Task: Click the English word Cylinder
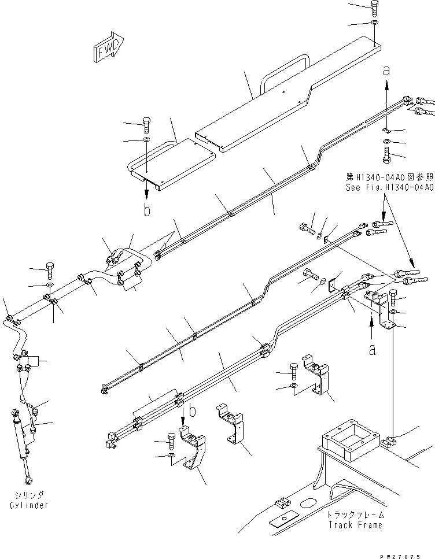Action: click(28, 505)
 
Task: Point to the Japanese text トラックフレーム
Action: click(355, 515)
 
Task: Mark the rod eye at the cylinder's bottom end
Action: click(27, 479)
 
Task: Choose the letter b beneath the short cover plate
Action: click(147, 210)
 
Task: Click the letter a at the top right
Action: click(387, 71)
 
